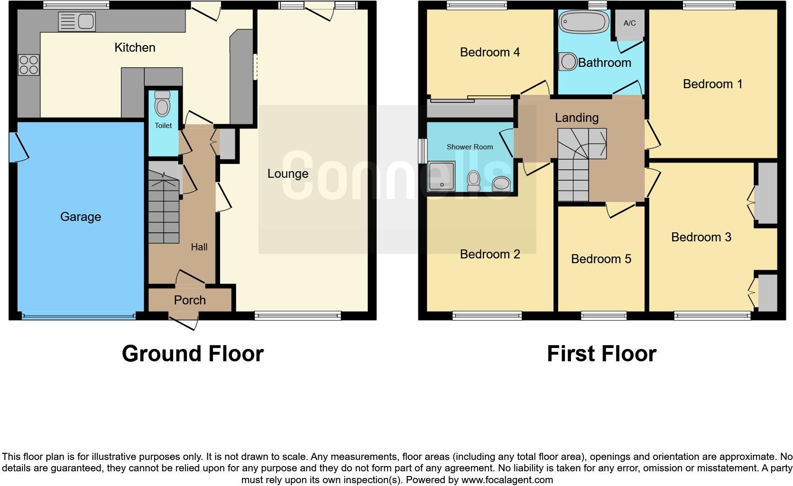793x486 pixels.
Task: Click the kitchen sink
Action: (77, 22)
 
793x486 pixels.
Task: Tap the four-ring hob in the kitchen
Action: (28, 65)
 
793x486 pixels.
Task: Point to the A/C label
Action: (629, 23)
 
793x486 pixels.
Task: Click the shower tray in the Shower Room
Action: (441, 176)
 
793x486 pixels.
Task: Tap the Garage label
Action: (81, 217)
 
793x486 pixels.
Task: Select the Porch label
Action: (190, 300)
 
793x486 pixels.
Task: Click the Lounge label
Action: (288, 174)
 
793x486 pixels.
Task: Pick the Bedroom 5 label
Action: (601, 259)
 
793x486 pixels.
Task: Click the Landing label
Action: (577, 118)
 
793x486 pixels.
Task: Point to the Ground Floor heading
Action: (193, 354)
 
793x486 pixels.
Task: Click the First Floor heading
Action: (601, 354)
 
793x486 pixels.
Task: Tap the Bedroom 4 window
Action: (477, 5)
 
